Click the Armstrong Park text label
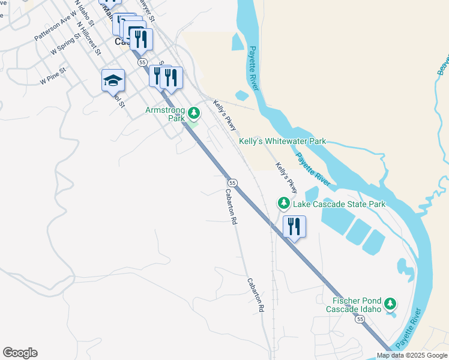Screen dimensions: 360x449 [x=165, y=114]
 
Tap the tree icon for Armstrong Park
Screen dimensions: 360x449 [x=194, y=112]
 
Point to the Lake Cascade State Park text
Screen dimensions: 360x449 [x=339, y=205]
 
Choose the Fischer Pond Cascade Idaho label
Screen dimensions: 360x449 [x=354, y=305]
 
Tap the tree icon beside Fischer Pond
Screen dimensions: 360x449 [x=391, y=304]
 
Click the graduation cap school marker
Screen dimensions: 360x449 [x=113, y=80]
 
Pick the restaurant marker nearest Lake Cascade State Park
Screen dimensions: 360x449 [x=294, y=227]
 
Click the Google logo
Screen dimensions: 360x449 [x=20, y=353]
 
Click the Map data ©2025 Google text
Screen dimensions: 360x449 [x=412, y=355]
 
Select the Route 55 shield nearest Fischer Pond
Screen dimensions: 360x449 [x=360, y=320]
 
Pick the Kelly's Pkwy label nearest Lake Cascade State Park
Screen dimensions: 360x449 [x=286, y=178]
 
